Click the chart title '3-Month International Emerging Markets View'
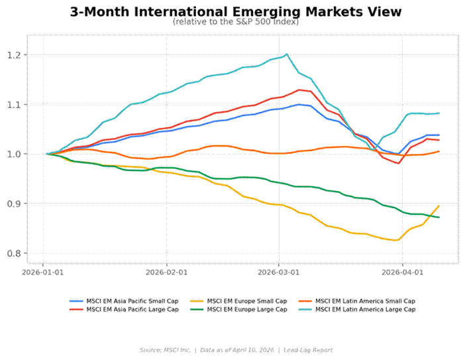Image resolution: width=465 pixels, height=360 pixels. [235, 12]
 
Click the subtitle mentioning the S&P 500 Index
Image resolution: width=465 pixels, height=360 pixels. [235, 22]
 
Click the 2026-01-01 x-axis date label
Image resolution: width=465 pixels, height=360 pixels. [44, 271]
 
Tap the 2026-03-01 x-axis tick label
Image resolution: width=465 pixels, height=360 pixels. [278, 271]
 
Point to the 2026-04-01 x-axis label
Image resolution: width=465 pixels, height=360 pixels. [402, 271]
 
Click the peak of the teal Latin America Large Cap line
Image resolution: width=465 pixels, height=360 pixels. [286, 54]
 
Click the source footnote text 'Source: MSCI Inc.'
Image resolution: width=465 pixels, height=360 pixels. [164, 349]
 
